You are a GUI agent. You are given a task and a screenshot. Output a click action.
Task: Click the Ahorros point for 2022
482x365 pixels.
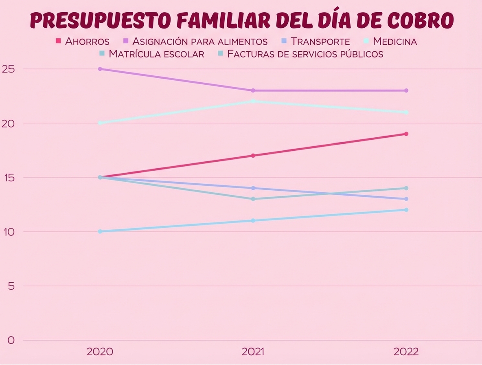[406, 134]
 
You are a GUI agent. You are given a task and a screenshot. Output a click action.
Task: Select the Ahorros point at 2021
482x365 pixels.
[253, 156]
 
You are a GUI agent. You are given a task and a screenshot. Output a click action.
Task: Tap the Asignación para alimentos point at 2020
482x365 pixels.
[100, 69]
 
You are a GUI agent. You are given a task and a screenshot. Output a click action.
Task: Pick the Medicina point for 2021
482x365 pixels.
[253, 101]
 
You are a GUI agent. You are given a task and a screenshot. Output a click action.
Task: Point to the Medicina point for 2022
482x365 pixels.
[406, 112]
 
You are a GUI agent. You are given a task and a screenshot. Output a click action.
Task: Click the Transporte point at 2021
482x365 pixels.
[253, 188]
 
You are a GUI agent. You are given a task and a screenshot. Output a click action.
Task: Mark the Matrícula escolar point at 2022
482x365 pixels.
[406, 188]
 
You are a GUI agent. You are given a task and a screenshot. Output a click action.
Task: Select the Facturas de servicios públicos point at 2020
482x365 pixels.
[100, 231]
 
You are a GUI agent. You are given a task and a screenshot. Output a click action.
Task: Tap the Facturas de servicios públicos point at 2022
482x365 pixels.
[406, 210]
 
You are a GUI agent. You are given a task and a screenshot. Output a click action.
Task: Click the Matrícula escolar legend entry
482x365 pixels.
[156, 54]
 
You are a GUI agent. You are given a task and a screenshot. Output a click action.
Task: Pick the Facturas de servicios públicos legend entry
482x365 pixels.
[305, 54]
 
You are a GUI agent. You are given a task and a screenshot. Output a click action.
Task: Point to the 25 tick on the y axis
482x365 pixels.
[8, 69]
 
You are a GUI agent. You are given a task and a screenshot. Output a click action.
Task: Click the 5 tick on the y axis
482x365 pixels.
[11, 286]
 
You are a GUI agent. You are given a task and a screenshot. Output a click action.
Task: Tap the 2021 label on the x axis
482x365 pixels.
[253, 352]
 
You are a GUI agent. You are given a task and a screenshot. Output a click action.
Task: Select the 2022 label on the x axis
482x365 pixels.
[406, 352]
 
